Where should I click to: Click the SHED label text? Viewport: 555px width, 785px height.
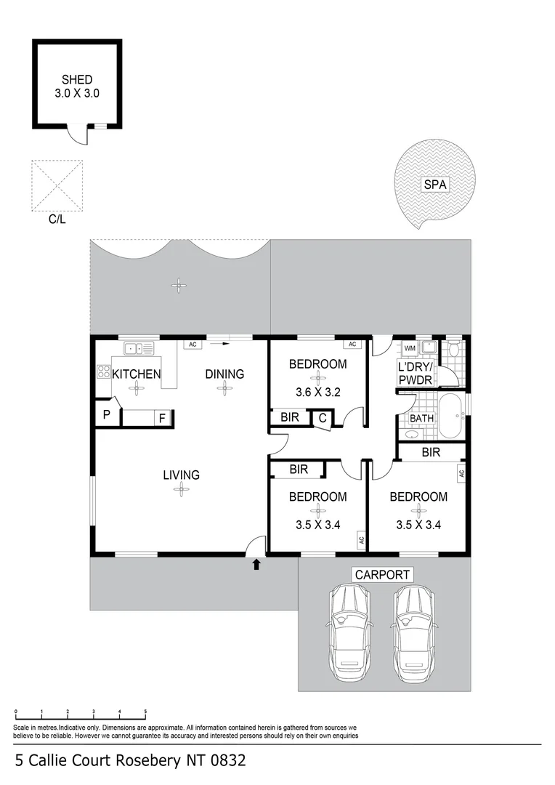click(77, 80)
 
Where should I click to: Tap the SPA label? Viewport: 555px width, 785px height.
click(435, 185)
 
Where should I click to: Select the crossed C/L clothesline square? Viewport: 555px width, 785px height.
click(57, 186)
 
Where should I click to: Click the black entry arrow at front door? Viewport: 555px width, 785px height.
click(256, 565)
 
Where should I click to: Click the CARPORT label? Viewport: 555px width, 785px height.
click(382, 575)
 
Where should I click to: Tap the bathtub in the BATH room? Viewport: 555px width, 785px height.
click(453, 415)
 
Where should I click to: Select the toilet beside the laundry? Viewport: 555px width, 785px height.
click(455, 349)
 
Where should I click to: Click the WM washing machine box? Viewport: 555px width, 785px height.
click(410, 348)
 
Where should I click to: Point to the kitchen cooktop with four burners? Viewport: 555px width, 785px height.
click(104, 371)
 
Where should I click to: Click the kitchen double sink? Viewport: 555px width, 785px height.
click(139, 348)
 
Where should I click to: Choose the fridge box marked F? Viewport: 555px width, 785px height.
click(163, 418)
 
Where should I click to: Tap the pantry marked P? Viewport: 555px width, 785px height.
click(107, 414)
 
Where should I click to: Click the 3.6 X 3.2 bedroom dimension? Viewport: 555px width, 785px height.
click(317, 392)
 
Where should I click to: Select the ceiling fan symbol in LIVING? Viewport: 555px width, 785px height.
click(181, 489)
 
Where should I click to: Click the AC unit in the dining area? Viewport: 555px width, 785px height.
click(193, 345)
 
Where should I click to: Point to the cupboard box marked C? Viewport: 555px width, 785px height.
click(323, 418)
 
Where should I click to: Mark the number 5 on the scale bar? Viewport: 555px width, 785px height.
click(145, 711)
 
